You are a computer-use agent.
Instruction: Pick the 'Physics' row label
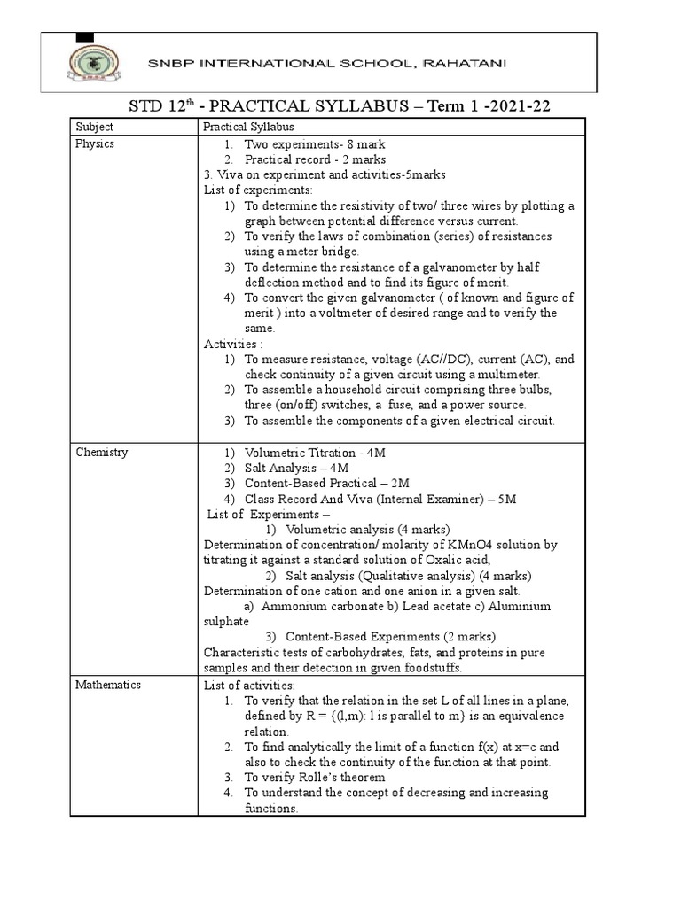95,143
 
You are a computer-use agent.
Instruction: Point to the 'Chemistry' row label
102,453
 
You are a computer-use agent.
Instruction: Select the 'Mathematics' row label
108,685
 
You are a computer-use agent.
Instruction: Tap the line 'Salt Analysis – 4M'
297,468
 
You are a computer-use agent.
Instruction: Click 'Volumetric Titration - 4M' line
316,453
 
